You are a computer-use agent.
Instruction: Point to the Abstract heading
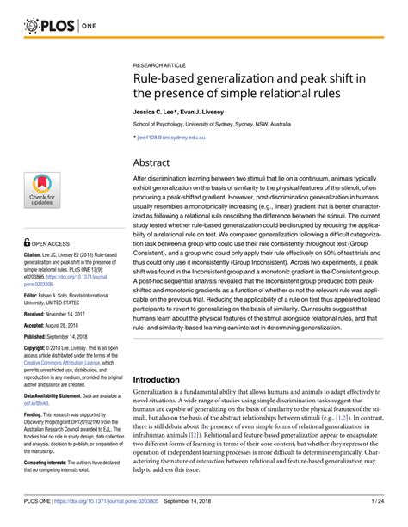[x=158, y=162]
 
